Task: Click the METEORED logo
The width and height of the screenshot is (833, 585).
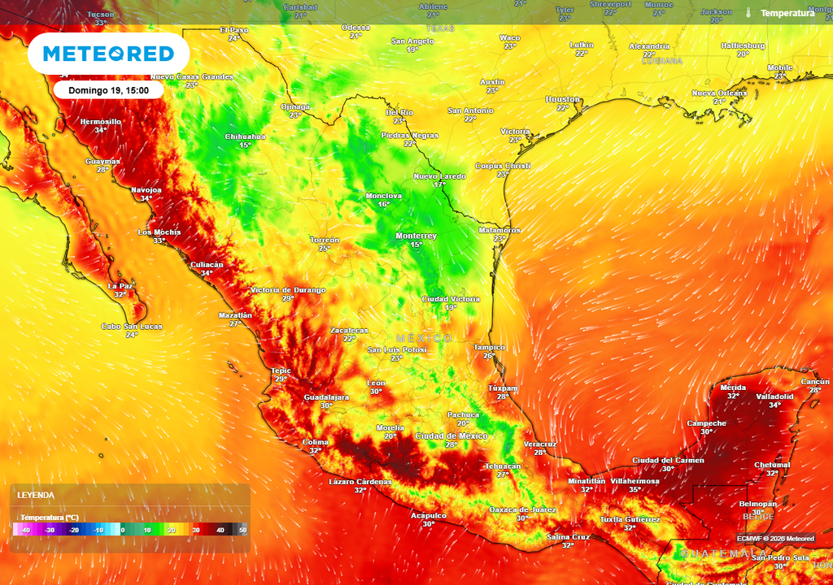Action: click(108, 54)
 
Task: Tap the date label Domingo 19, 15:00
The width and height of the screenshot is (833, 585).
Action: click(108, 90)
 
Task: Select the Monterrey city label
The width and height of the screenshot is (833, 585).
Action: click(416, 236)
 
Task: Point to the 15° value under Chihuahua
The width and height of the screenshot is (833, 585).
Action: click(245, 145)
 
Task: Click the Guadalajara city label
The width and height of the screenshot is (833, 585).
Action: click(326, 396)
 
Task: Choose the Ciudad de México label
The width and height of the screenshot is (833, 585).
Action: click(451, 435)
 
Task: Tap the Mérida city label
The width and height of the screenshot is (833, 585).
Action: click(733, 388)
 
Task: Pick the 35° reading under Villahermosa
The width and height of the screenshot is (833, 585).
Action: click(635, 489)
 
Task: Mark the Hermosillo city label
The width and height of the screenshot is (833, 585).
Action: click(100, 121)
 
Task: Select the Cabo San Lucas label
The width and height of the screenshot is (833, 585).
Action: click(131, 327)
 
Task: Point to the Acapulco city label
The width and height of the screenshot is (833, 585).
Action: click(428, 515)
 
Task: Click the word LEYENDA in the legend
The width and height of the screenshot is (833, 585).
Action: click(35, 495)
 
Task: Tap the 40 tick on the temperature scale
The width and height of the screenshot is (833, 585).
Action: click(220, 530)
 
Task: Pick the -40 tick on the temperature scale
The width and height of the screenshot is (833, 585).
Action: click(25, 530)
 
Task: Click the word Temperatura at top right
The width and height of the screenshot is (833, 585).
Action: click(787, 13)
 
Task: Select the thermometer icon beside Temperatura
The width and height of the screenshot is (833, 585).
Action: click(747, 13)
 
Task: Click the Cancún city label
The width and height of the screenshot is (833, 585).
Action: click(815, 381)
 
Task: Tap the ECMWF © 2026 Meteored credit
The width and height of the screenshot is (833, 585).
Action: click(775, 539)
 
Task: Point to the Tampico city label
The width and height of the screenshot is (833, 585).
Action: click(489, 347)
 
